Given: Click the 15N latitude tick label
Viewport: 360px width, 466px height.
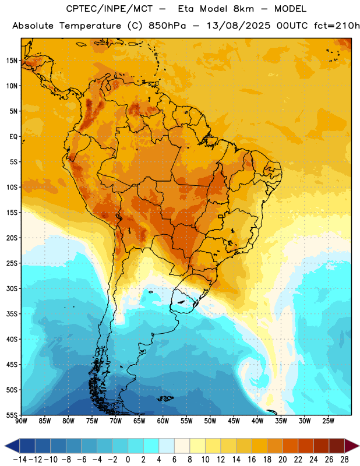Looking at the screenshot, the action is [12, 61].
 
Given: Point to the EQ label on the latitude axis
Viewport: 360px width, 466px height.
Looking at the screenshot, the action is [13, 137].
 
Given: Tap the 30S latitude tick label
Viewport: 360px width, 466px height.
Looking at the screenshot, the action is [12, 288].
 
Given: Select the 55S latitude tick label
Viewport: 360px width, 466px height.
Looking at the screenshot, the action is [12, 415].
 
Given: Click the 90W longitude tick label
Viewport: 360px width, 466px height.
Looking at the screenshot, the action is [21, 421].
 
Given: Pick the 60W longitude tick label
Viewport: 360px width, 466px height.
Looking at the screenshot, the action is [163, 421].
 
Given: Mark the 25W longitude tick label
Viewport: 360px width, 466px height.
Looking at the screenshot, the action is [328, 421].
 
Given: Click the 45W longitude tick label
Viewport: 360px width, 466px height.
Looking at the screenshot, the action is [234, 421].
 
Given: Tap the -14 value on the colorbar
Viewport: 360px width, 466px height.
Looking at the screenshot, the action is [20, 460].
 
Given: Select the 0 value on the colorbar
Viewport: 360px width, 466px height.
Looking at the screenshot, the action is [128, 460].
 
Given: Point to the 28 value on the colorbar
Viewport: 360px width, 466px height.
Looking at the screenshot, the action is [344, 460].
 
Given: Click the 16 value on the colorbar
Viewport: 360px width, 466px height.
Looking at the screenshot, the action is [252, 460].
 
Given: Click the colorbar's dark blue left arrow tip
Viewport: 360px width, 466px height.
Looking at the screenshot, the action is [5, 446].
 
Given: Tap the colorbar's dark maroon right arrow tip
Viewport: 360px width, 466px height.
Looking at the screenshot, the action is [359, 446].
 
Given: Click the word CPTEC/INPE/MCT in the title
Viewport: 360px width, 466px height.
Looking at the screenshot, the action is [109, 9].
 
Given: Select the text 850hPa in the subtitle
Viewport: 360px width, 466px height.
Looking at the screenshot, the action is [167, 26].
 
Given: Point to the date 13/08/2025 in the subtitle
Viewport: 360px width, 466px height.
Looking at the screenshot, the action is [238, 26].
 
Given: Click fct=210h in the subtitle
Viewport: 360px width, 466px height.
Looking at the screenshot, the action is [337, 26].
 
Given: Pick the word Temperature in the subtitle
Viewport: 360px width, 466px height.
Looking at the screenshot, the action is [90, 26].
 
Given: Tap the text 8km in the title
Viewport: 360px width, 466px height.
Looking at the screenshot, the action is [243, 9].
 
